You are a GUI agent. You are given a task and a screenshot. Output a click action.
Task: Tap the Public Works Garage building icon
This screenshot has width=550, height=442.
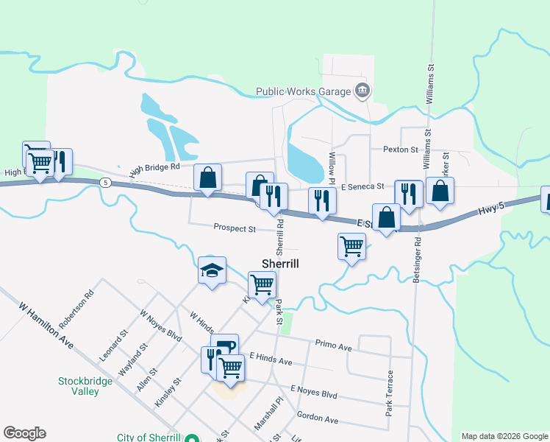pos(362,92)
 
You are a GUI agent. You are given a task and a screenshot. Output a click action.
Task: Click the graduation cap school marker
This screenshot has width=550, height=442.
pos(212,271)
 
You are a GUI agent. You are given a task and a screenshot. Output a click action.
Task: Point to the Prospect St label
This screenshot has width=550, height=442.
pos(235,228)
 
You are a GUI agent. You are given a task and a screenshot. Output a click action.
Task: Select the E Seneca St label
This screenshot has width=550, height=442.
pos(362,187)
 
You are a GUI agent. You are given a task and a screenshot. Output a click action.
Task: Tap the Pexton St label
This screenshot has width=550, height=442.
pos(400,150)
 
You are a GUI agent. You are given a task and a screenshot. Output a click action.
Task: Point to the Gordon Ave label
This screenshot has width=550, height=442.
pos(317,418)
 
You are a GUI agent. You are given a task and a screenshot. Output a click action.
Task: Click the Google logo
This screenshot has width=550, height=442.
pos(24,433)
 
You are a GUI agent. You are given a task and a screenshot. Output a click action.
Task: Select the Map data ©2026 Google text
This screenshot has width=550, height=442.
pos(504,436)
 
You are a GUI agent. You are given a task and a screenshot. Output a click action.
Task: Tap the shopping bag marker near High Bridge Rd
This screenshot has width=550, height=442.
pos(208,178)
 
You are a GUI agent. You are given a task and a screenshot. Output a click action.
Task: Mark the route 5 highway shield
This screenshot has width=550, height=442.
pos(107,182)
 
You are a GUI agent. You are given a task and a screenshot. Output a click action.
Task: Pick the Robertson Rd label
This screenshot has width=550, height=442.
pos(76,310)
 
